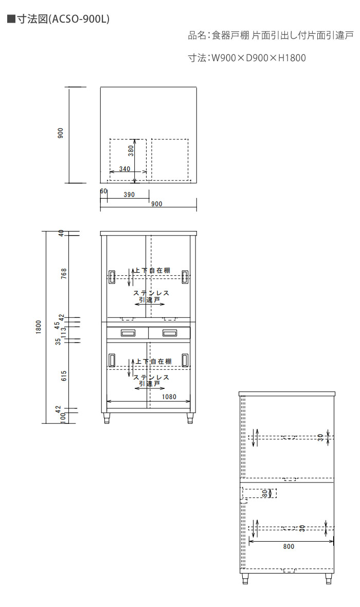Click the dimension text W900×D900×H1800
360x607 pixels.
coord(258,58)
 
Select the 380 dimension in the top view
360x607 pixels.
coord(131,151)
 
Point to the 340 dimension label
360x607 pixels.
coord(124,169)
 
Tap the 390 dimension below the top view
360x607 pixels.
coord(129,195)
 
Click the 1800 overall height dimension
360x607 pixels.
coord(39,328)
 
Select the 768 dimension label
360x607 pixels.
coord(64,273)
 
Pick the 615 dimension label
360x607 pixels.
coord(64,376)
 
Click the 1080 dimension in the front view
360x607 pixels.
coord(169,397)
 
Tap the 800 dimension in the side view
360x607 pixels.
coord(289,547)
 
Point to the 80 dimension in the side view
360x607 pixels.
coord(265,494)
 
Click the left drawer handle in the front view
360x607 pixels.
coord(128,333)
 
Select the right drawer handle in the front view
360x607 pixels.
coord(170,333)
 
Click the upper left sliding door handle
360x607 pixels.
coord(112,277)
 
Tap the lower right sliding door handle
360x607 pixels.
coord(185,360)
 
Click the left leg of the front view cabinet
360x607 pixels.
coord(107,418)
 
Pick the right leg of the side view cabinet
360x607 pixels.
coord(329,579)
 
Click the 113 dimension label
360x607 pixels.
coord(64,332)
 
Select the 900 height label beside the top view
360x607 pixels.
coord(60,133)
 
